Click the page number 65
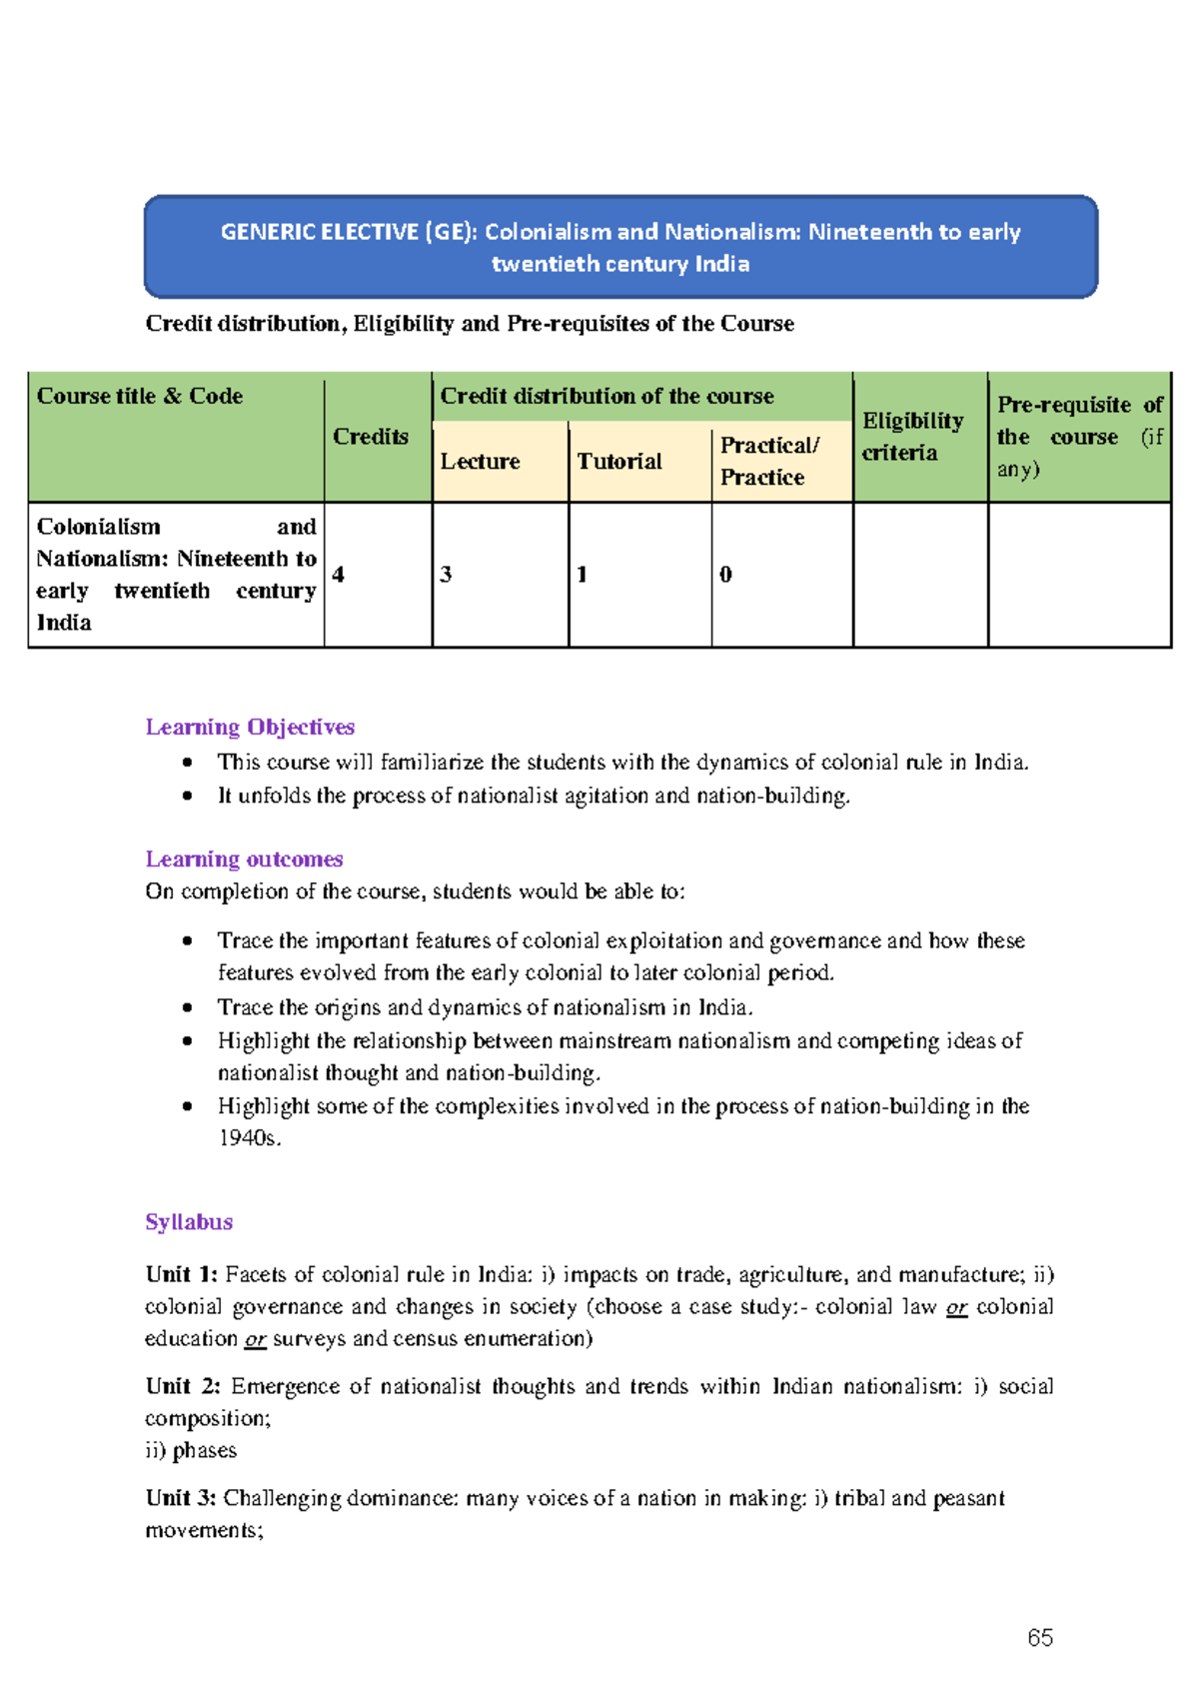point(1039,1637)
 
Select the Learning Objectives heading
point(250,727)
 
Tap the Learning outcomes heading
point(244,858)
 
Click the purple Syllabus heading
point(189,1221)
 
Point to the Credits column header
point(371,437)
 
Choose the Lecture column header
point(480,461)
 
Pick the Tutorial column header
point(619,461)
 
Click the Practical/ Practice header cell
point(769,461)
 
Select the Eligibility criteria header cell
point(912,436)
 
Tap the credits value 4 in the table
point(339,574)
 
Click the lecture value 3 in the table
point(446,574)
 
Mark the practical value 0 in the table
point(725,574)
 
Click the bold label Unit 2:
point(183,1386)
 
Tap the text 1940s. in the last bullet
point(250,1137)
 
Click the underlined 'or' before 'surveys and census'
point(255,1339)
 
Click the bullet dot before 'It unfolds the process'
point(187,796)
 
